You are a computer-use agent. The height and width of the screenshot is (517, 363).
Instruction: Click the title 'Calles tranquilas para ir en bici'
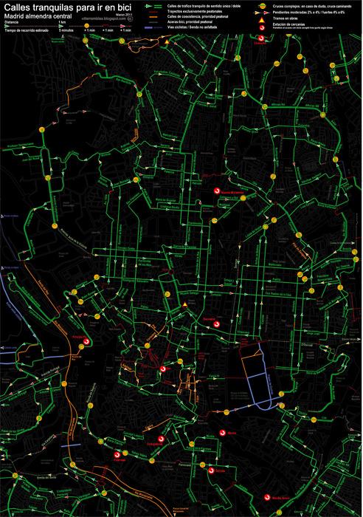66,6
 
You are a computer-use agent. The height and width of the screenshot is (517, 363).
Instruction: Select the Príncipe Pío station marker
86,341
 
